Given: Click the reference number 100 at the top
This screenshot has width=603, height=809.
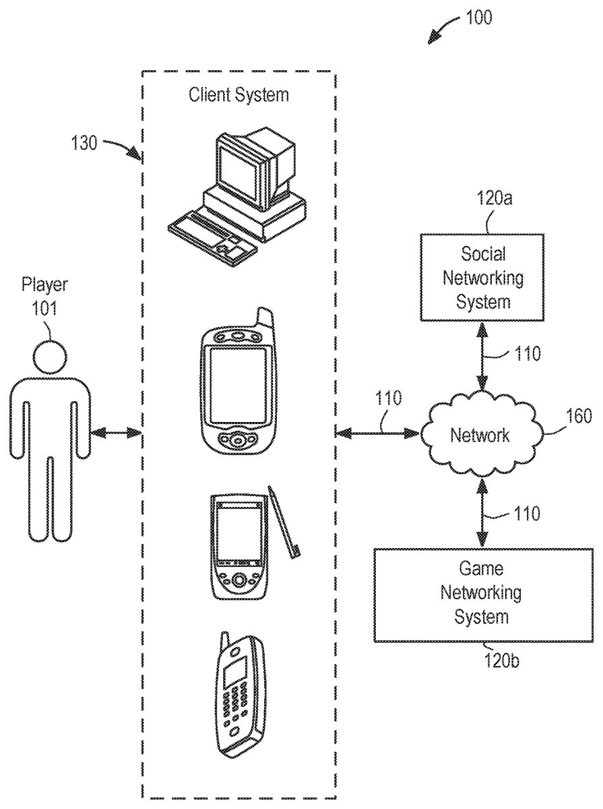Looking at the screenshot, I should tap(478, 18).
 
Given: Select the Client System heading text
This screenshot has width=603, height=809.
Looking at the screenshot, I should tap(239, 94).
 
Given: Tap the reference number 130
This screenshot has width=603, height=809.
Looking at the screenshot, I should tap(84, 143).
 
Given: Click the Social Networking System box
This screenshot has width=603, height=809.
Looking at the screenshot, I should tap(482, 277).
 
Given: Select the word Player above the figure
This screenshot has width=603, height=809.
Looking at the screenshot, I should tap(44, 284).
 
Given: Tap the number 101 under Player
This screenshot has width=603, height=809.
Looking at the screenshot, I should tap(44, 308).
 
